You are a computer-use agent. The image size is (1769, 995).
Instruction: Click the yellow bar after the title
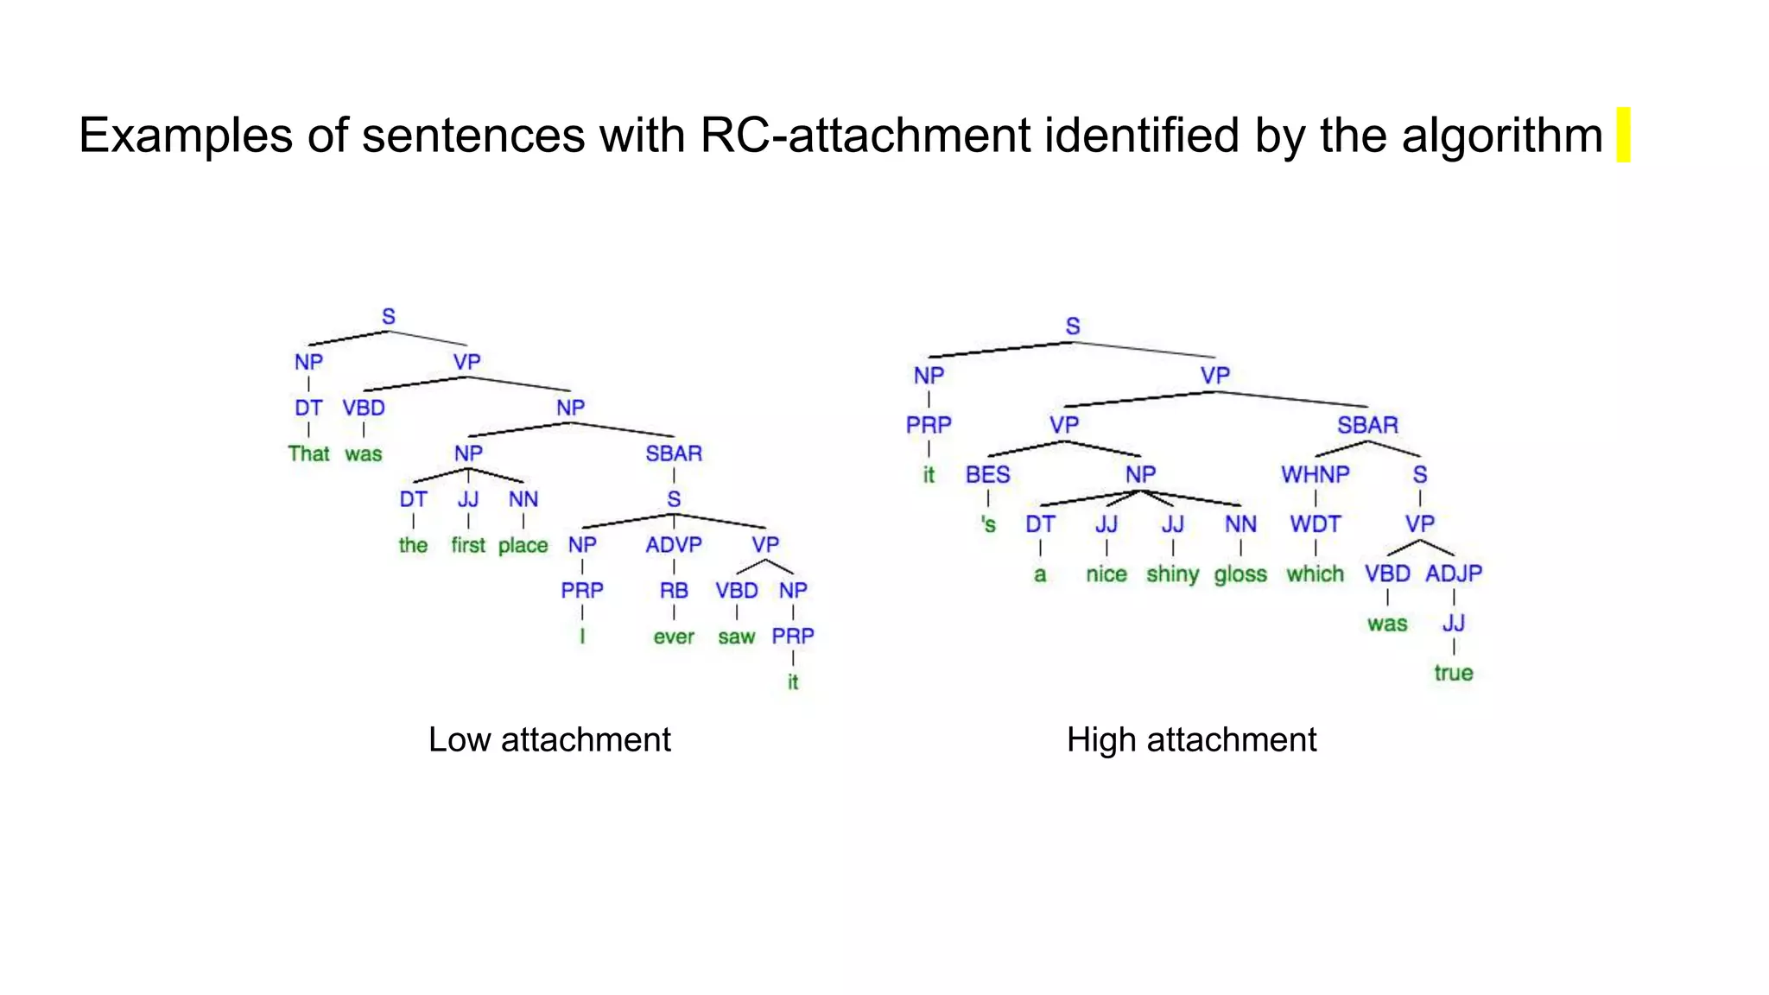coord(1623,135)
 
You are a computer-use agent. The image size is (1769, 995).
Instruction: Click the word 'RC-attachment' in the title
coord(865,136)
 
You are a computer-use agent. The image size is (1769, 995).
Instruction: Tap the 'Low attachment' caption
coord(549,740)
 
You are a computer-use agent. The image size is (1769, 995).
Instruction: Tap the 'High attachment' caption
coord(1191,740)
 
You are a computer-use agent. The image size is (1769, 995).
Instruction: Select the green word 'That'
coord(308,454)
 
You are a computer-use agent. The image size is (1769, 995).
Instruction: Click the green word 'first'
coord(468,546)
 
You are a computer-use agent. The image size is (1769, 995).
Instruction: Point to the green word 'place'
coord(523,546)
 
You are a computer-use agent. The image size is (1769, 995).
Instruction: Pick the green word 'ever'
coord(674,637)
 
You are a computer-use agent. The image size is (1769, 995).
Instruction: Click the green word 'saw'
coord(737,637)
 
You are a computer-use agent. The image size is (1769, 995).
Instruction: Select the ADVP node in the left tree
coord(674,545)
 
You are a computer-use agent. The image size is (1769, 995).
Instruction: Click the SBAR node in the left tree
coord(674,453)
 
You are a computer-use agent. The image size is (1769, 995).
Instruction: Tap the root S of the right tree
coord(1073,326)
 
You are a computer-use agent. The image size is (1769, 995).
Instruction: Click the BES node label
coord(988,475)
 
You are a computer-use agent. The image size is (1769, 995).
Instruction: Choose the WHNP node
coord(1315,475)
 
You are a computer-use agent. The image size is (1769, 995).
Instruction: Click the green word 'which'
coord(1315,574)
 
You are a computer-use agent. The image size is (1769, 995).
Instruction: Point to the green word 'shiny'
coord(1172,575)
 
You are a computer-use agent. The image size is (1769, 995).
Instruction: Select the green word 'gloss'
coord(1240,575)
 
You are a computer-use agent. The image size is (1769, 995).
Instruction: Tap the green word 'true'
coord(1454,673)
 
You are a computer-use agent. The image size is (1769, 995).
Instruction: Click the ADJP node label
coord(1454,574)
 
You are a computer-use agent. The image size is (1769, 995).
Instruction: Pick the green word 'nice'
coord(1106,574)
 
